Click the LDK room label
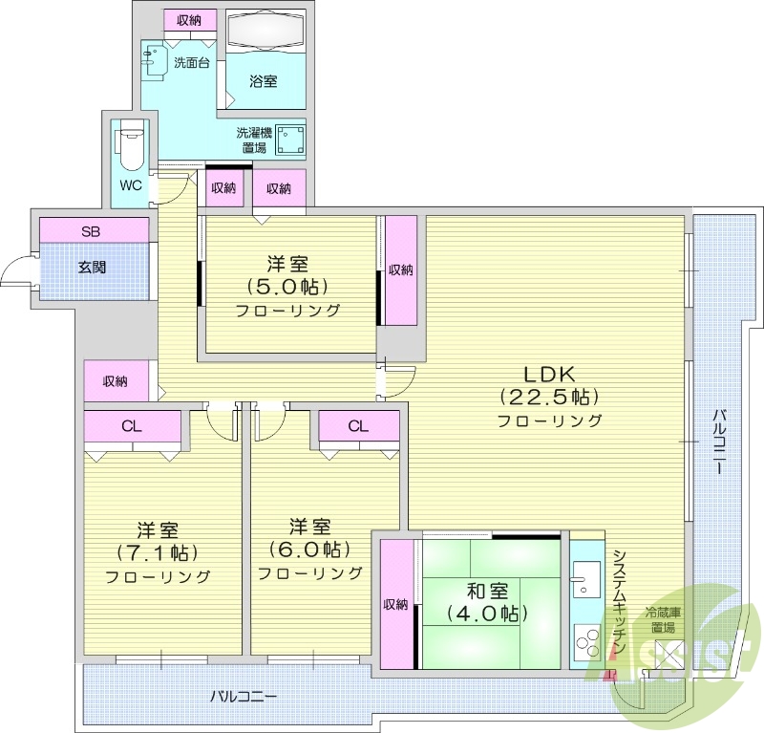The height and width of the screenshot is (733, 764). (x=547, y=396)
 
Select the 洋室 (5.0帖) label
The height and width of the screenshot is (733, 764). (x=289, y=286)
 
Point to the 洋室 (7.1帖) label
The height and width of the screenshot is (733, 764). (x=158, y=552)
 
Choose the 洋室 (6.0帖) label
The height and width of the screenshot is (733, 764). (x=310, y=550)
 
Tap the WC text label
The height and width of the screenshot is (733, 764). (x=131, y=185)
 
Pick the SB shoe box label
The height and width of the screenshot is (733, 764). (x=91, y=230)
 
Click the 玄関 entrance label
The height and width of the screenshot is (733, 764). (x=92, y=267)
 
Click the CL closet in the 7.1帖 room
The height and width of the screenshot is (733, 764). (x=132, y=426)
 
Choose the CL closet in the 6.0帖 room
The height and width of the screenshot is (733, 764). (x=358, y=426)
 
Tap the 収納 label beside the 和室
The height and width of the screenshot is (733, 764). (x=395, y=604)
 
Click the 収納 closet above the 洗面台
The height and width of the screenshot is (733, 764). (x=189, y=20)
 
